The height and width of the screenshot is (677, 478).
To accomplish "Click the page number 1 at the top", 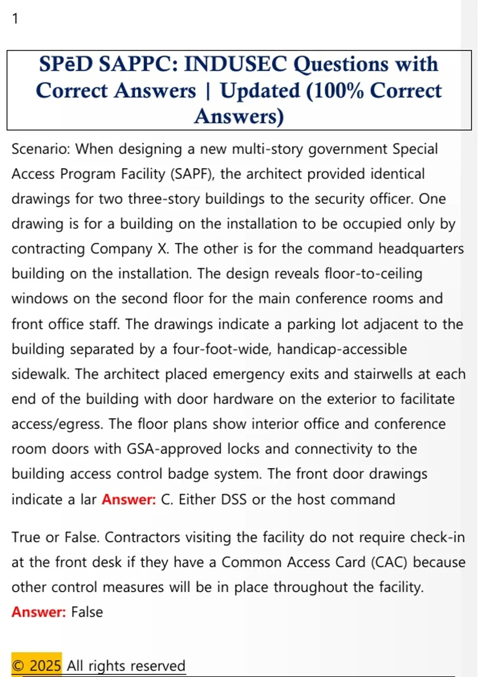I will pyautogui.click(x=15, y=19).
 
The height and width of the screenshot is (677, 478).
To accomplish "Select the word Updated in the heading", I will pyautogui.click(x=260, y=91).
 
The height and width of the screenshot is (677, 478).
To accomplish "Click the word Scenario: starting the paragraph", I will pyautogui.click(x=41, y=149).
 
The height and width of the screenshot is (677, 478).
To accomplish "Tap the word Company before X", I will pyautogui.click(x=121, y=249).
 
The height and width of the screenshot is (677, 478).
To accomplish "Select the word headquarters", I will pyautogui.click(x=421, y=249).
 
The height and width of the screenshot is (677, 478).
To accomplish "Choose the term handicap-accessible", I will pyautogui.click(x=342, y=349).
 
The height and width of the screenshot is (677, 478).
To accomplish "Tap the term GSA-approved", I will pyautogui.click(x=174, y=449).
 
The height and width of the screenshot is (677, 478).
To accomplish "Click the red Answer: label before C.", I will pyautogui.click(x=129, y=499).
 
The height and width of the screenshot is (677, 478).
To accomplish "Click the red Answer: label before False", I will pyautogui.click(x=39, y=612).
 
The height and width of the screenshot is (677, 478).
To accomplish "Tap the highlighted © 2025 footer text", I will pyautogui.click(x=37, y=665).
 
